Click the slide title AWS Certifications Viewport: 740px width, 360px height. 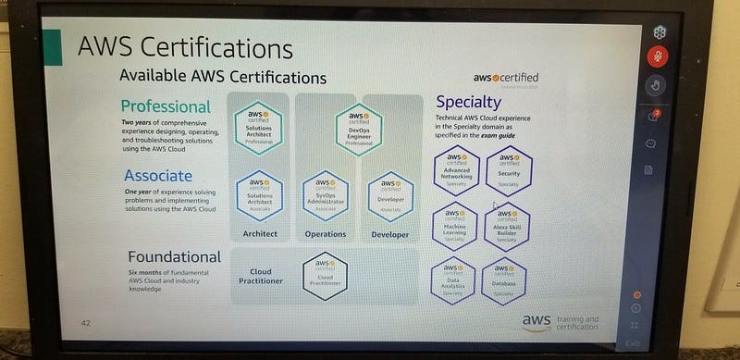click(184, 48)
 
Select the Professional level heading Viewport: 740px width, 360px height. click(166, 106)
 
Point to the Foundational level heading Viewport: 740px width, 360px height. click(175, 256)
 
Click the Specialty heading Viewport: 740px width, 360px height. click(468, 102)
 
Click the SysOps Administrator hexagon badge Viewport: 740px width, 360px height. click(324, 192)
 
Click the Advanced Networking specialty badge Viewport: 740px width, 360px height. click(457, 168)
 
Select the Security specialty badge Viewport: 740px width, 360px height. click(507, 168)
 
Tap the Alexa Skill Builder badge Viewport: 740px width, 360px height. click(506, 223)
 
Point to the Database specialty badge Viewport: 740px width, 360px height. click(504, 279)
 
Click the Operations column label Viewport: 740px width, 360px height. click(325, 235)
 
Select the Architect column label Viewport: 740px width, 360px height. click(259, 235)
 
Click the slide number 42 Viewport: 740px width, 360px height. click(86, 323)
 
